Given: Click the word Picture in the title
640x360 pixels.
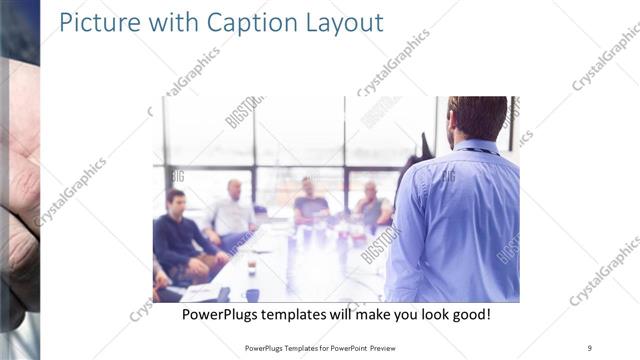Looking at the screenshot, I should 98,22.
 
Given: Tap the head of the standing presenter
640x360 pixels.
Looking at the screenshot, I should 478,117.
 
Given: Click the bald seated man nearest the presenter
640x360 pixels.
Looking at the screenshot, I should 372,204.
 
